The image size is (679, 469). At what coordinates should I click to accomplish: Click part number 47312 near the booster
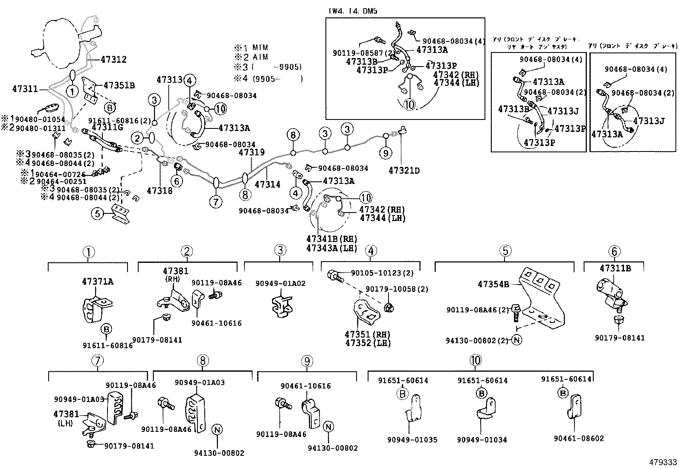tap(113, 60)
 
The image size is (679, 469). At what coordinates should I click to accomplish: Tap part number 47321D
tap(404, 171)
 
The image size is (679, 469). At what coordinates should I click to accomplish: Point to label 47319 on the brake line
tap(252, 152)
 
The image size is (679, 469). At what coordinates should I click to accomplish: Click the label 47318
tap(160, 190)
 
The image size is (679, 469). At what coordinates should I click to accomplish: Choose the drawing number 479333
tap(663, 463)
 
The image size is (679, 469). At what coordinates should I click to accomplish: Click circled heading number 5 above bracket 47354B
tap(505, 251)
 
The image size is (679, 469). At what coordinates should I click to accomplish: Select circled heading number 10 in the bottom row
tap(476, 361)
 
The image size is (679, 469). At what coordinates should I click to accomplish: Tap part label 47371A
tap(97, 282)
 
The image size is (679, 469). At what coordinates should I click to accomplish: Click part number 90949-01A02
tap(280, 283)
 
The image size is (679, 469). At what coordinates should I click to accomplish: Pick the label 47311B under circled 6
tap(615, 268)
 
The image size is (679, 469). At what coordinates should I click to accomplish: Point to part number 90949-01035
tap(412, 440)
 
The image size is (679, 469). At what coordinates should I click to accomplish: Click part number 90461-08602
tap(578, 438)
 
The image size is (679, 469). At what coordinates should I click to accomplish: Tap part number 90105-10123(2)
tap(382, 273)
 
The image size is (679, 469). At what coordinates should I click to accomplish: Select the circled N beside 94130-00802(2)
tap(517, 340)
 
